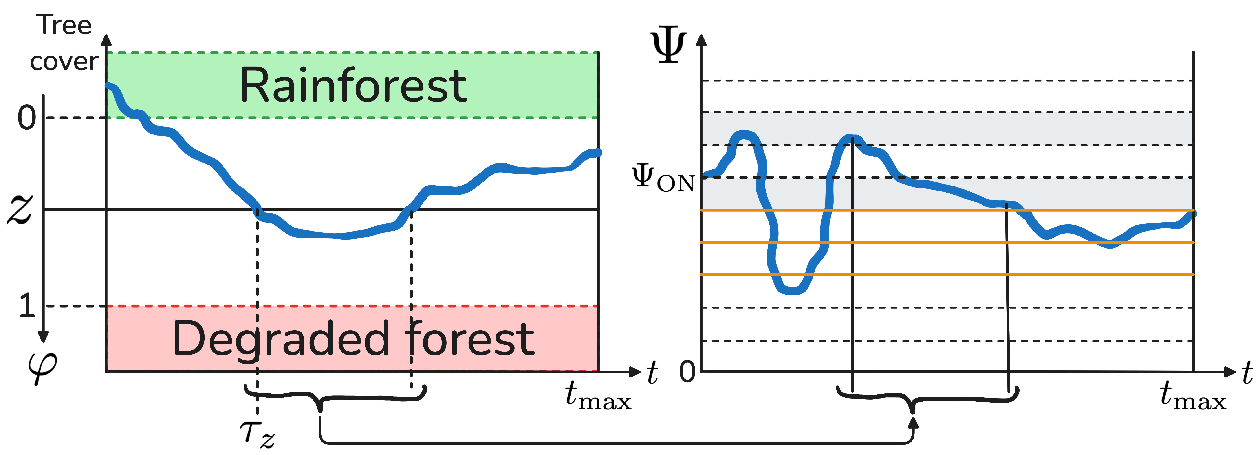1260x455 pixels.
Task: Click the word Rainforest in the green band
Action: click(x=353, y=86)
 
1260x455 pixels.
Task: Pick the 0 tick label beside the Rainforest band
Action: click(x=27, y=117)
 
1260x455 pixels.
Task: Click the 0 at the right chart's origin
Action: click(x=687, y=371)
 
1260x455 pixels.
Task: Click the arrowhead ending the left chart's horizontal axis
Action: click(x=635, y=372)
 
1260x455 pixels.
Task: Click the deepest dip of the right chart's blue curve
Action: click(x=792, y=291)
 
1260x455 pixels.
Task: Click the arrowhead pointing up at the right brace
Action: click(x=913, y=422)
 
